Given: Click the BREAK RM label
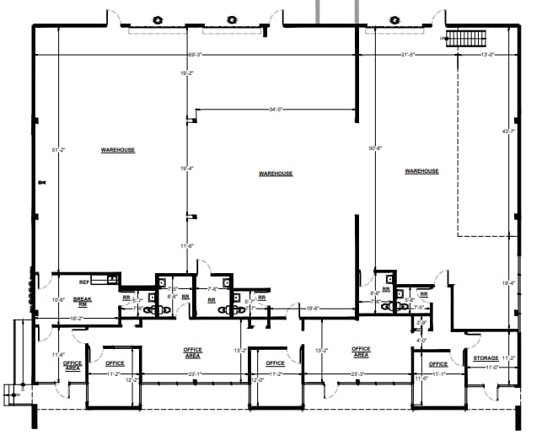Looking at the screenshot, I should [83, 300].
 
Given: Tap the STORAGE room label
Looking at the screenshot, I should [486, 358].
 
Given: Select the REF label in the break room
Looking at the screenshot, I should [84, 282].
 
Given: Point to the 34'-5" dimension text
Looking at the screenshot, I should [274, 109].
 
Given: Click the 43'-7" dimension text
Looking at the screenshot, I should [507, 132].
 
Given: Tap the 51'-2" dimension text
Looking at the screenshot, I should [58, 150].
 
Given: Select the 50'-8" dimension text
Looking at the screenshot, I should [375, 149].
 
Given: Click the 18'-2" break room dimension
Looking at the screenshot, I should [76, 319].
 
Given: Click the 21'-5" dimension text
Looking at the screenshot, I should [410, 55].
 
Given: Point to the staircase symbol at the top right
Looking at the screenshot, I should [462, 38].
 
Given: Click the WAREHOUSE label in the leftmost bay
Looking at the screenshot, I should [118, 150].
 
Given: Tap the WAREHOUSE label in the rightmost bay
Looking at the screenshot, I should [421, 171].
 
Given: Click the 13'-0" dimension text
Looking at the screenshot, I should [487, 55].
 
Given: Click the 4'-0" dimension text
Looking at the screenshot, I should [421, 341].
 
